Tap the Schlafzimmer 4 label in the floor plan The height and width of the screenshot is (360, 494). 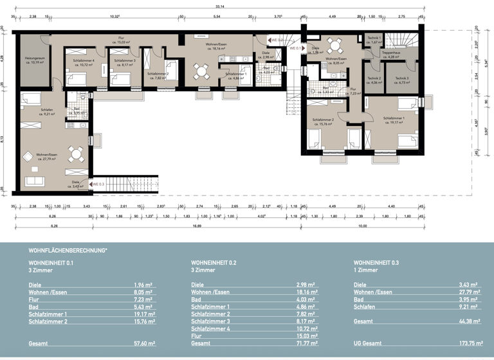(x=84, y=63)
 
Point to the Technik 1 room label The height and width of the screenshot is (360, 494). (x=374, y=40)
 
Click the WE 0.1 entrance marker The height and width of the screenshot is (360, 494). (x=295, y=48)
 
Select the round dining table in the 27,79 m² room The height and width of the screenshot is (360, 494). (x=77, y=154)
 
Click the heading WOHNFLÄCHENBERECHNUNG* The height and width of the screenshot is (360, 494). (x=68, y=250)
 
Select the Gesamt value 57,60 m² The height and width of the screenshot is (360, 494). (x=143, y=344)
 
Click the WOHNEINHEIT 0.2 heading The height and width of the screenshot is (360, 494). (x=214, y=263)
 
